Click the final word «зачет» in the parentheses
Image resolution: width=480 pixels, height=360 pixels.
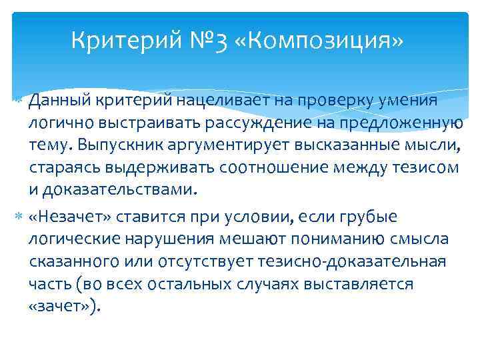click(63, 307)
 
